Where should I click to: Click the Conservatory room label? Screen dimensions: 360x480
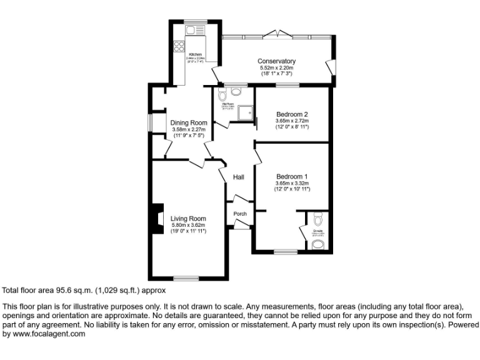pos(276,61)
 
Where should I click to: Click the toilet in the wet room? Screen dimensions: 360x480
pos(236,91)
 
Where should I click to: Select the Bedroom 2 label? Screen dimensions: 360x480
pos(292,114)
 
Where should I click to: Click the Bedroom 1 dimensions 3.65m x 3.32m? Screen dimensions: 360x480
pos(292,183)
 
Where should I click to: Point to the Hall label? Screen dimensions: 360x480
pos(238,177)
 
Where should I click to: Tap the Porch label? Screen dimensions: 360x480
pos(239,214)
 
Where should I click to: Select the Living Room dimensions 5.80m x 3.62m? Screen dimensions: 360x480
pos(189,225)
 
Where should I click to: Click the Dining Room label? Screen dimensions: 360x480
pos(189,122)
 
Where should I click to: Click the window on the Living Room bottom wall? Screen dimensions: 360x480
pos(186,277)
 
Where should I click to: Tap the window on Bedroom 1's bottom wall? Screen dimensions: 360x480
pos(286,252)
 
